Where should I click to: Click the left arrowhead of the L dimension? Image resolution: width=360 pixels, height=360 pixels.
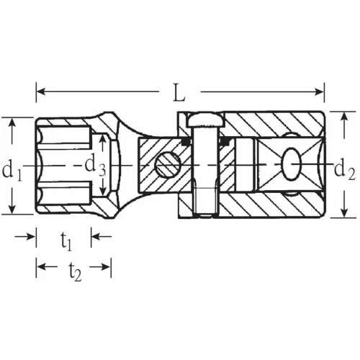(x=40, y=91)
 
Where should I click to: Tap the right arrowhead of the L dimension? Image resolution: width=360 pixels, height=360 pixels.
(x=320, y=91)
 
